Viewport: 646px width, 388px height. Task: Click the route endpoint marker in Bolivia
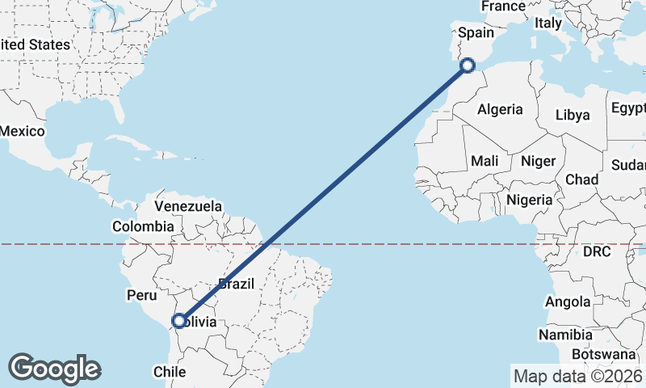[179, 321]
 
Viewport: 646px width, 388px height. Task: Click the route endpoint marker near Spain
[467, 65]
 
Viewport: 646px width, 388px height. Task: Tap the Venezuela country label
[188, 207]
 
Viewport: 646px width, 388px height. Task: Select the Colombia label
[143, 227]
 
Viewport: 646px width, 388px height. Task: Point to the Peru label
[141, 296]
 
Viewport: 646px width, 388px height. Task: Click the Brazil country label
[237, 284]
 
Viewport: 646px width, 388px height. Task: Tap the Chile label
[170, 373]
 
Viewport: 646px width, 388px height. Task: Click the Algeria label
[500, 110]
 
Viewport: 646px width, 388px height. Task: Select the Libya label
[573, 115]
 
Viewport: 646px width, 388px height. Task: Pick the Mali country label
[484, 161]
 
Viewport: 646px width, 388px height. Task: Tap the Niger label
[538, 161]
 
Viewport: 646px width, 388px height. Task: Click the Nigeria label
[530, 200]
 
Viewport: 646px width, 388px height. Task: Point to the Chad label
[582, 179]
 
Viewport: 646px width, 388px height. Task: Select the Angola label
[568, 302]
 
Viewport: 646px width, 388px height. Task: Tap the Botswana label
[603, 354]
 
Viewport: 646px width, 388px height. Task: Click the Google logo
[54, 369]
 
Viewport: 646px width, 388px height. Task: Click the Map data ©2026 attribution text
[577, 376]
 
